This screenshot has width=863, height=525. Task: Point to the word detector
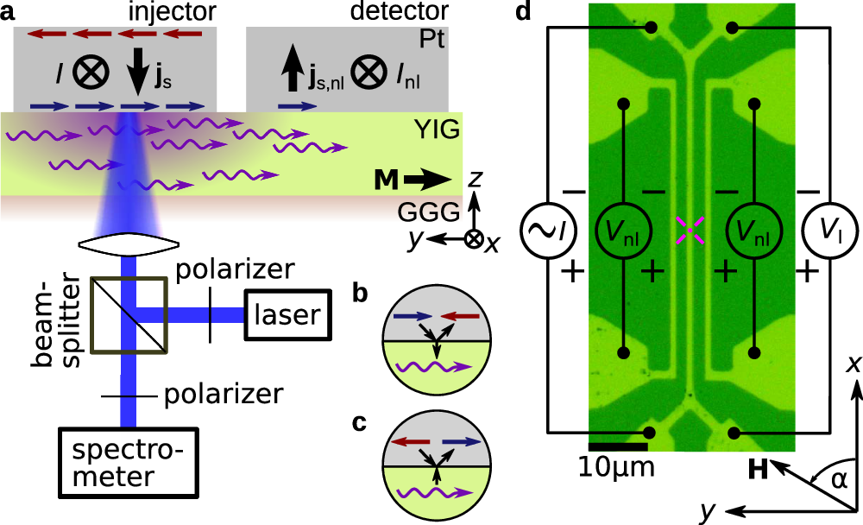394,12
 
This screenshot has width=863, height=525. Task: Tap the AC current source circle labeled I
547,230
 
